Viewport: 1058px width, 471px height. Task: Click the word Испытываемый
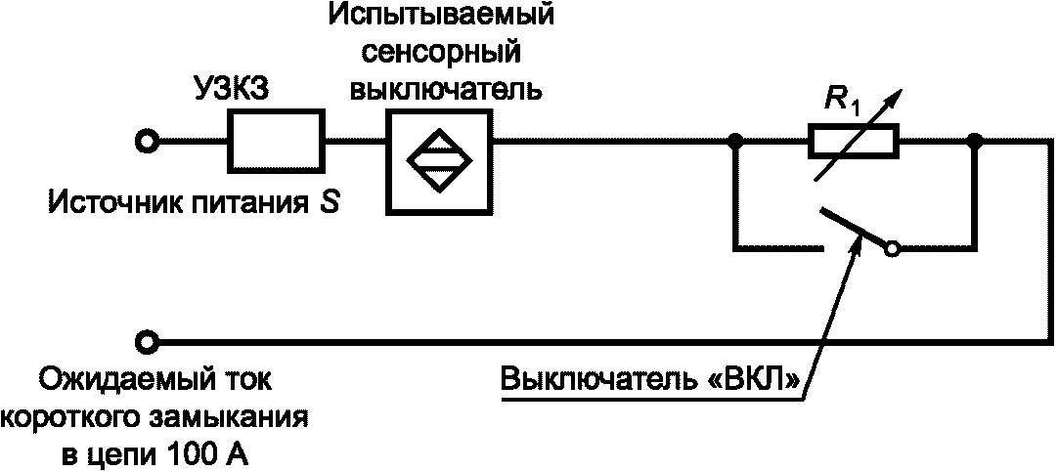click(x=441, y=17)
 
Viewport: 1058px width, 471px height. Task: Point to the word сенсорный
click(x=441, y=52)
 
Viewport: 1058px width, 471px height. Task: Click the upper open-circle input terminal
click(x=148, y=143)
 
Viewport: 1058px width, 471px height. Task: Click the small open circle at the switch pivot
click(x=891, y=250)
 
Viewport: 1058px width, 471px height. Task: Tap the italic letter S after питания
click(x=332, y=203)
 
